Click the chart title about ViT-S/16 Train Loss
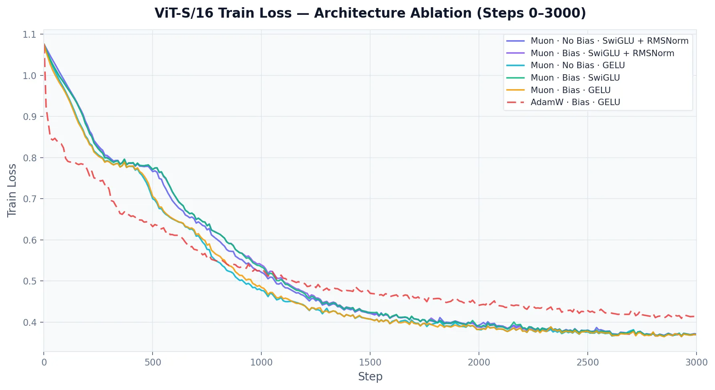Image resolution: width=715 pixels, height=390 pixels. [x=370, y=13]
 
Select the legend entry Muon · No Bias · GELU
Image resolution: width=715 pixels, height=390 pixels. [x=577, y=65]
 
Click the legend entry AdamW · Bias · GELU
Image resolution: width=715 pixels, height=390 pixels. [x=575, y=102]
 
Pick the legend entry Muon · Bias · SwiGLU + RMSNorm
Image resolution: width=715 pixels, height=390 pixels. [x=602, y=53]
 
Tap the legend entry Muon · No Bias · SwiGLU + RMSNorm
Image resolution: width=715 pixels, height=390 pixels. [x=609, y=41]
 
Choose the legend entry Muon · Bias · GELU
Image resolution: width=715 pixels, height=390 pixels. [x=570, y=90]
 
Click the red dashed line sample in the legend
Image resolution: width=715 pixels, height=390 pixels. [x=516, y=102]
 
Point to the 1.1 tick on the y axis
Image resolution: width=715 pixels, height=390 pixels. [x=29, y=35]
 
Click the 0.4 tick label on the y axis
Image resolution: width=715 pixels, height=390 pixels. [x=29, y=323]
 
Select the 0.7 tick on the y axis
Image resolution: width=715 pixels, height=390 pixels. [x=29, y=199]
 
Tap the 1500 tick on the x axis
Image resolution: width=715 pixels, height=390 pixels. [x=370, y=362]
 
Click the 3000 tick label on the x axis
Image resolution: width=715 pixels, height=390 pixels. [x=696, y=362]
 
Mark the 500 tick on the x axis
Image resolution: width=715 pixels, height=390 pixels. [x=153, y=362]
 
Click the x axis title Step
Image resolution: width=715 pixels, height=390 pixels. [x=370, y=377]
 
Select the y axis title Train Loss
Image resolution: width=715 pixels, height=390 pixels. [x=12, y=191]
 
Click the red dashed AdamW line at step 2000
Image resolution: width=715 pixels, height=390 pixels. [x=479, y=305]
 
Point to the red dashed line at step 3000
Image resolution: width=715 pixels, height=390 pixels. [x=695, y=316]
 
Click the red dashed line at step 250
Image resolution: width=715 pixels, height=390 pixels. [x=98, y=179]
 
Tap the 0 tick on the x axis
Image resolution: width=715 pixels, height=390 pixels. [x=44, y=362]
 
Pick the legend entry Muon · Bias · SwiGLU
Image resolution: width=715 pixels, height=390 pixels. [x=575, y=78]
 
